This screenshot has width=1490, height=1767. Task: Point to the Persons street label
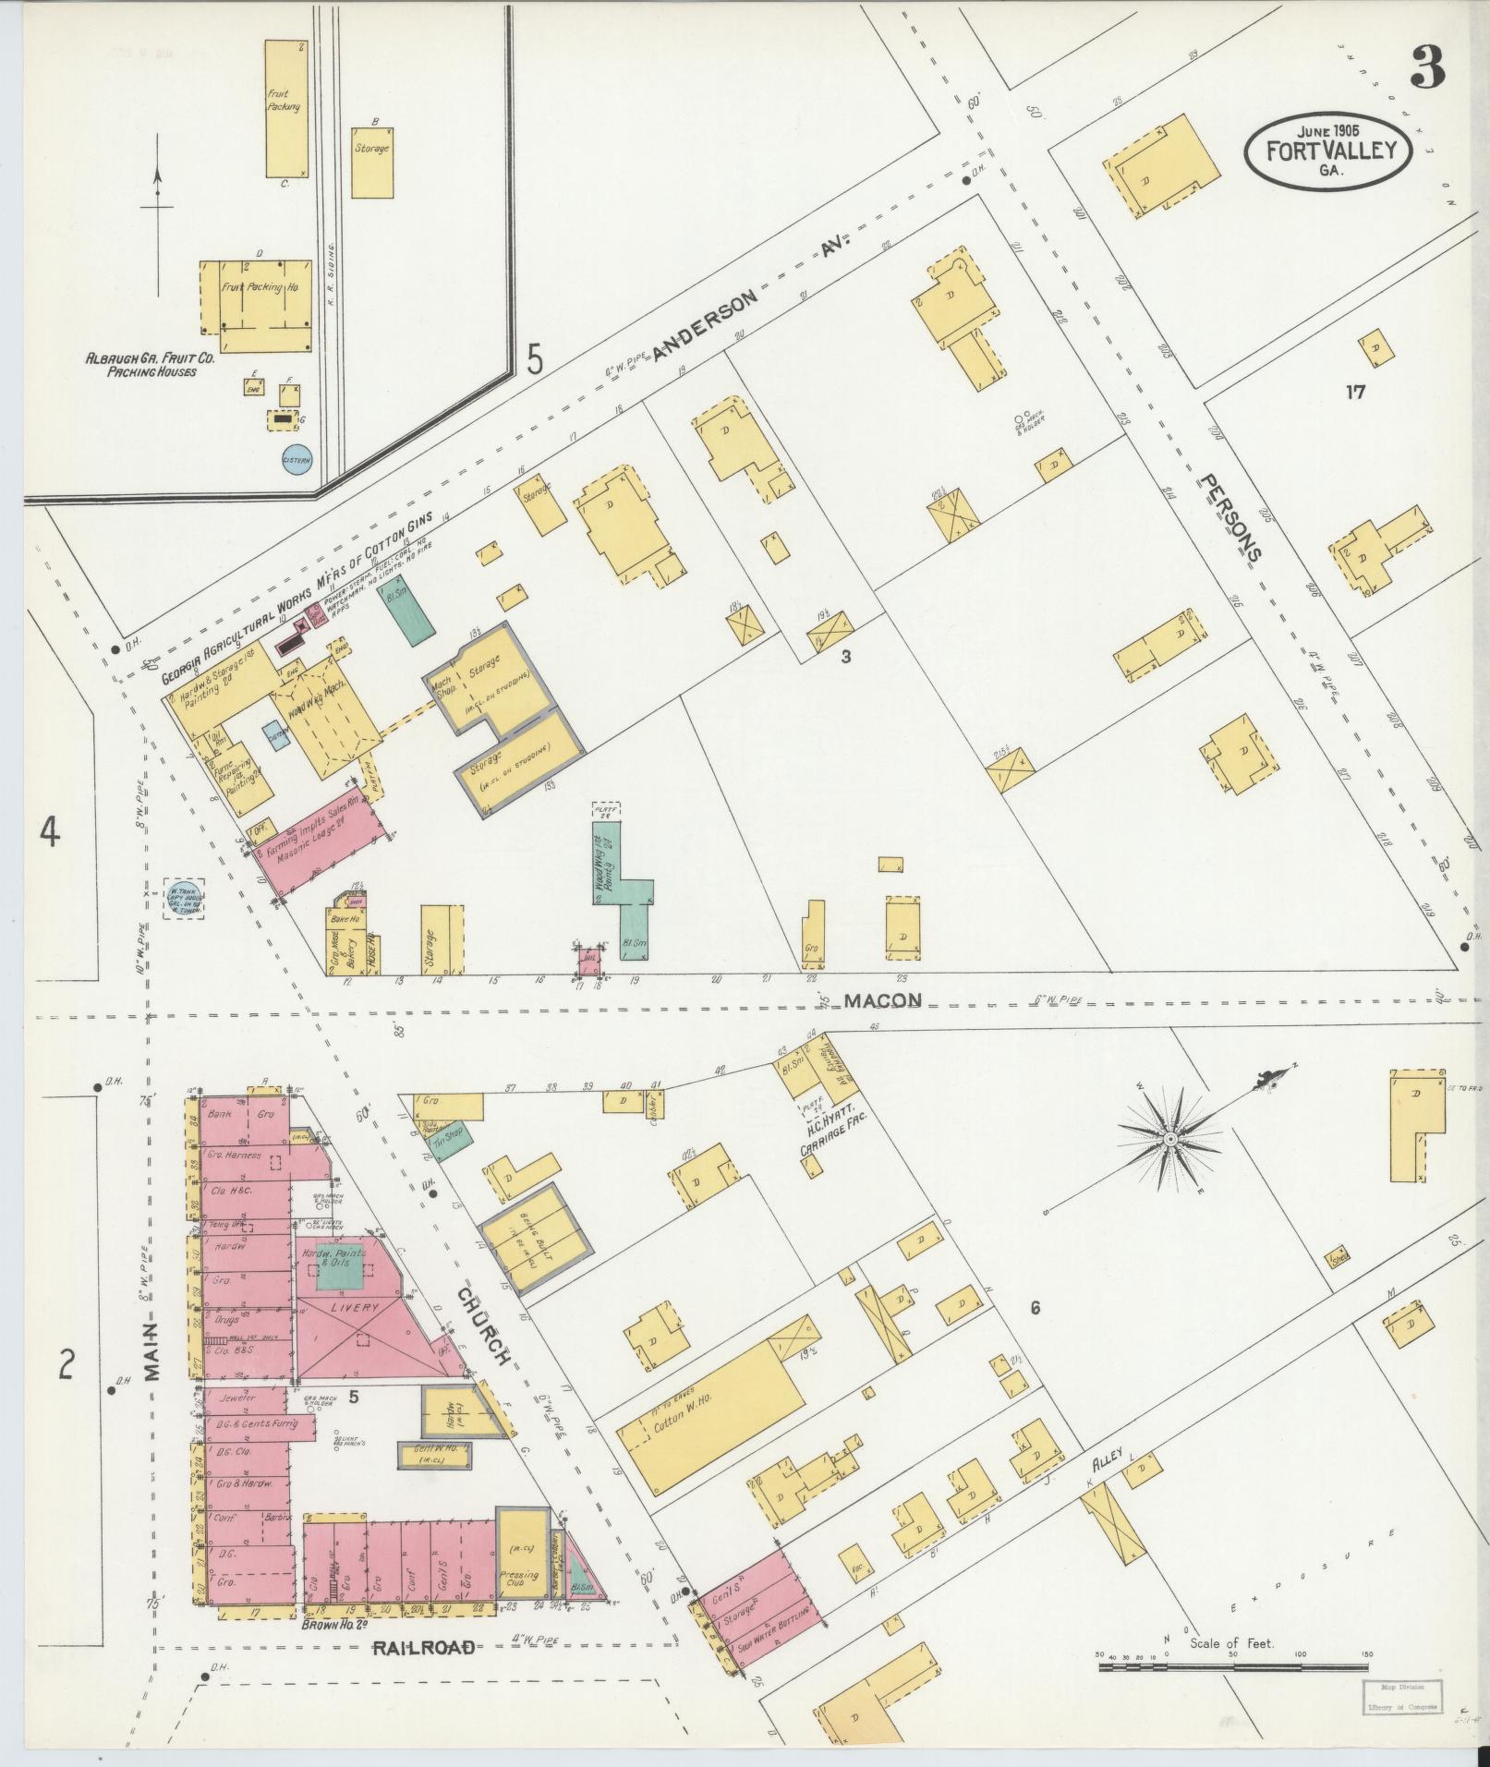tap(1231, 516)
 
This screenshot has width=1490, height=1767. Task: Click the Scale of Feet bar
tap(1233, 1668)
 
